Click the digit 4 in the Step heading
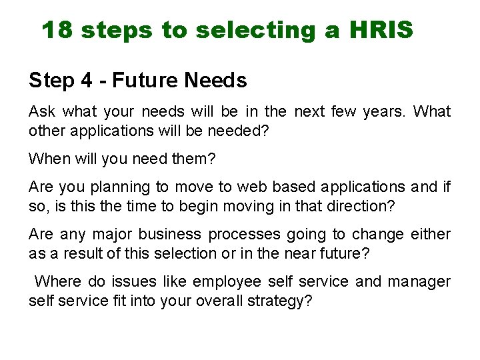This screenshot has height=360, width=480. point(86,81)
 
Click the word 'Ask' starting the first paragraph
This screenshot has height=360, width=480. point(41,111)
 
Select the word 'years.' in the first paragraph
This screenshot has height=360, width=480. point(385,111)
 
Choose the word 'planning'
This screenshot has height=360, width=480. point(125,188)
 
